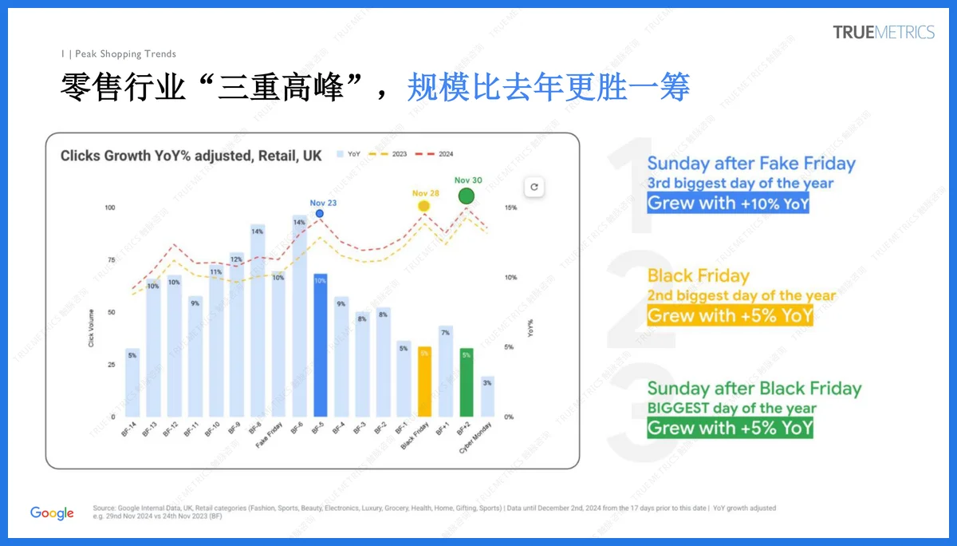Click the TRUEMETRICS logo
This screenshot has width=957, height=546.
883,33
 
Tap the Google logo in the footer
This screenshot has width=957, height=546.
52,513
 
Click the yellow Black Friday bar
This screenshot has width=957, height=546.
424,382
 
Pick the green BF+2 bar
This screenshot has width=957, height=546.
467,382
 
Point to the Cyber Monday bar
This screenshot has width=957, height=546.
487,397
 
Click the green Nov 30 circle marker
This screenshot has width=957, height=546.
467,196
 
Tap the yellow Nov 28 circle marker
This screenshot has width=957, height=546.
424,206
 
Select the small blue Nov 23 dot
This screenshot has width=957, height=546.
320,213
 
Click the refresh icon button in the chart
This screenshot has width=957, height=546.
534,188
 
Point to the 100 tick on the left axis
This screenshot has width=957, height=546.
110,208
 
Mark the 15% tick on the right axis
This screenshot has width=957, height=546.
510,208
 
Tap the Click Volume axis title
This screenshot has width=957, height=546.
91,327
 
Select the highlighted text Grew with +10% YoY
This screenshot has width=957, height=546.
728,203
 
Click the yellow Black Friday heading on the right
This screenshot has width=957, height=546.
699,276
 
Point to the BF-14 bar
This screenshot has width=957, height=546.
132,382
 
